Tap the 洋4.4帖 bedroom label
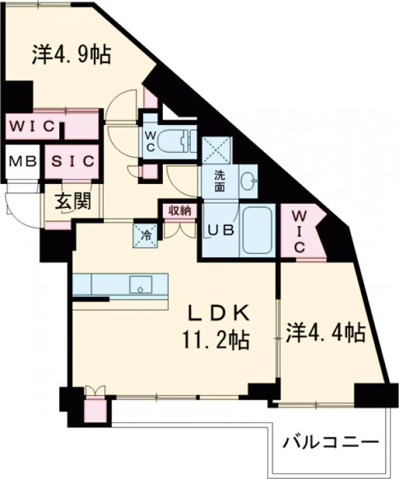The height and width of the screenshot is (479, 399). point(326,332)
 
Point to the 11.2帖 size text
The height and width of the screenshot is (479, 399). point(217,340)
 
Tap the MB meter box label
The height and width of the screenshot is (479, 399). point(21,162)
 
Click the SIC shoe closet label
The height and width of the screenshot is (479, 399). point(72,161)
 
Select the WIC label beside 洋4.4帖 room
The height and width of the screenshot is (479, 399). point(299,231)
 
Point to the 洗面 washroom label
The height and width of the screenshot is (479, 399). point(219,181)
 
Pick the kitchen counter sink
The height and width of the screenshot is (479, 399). point(142,284)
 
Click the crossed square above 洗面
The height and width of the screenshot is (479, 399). point(217,149)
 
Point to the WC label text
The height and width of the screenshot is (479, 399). point(151,142)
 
